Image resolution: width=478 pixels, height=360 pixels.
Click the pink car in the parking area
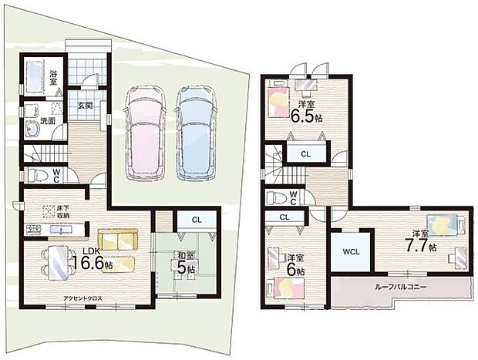(x=145, y=134)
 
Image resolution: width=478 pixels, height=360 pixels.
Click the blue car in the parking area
(x=196, y=134)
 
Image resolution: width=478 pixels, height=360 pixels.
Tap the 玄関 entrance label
(x=85, y=106)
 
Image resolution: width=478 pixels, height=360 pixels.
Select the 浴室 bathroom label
(x=54, y=77)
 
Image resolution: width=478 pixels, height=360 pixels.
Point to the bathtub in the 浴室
(x=34, y=77)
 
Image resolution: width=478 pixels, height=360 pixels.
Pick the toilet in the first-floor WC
(x=38, y=176)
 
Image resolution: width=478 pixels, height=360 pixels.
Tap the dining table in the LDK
(x=59, y=263)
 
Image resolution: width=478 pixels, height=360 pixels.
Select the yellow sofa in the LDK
(x=118, y=240)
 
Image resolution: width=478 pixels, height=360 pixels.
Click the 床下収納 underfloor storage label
(x=63, y=212)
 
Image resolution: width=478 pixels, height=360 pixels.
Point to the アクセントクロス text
(x=82, y=298)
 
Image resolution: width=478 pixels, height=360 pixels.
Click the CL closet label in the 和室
(x=197, y=220)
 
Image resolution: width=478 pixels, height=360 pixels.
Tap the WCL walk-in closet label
(x=352, y=252)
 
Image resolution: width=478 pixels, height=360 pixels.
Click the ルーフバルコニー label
(x=401, y=287)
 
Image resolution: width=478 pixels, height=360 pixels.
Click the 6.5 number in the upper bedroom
(x=302, y=116)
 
